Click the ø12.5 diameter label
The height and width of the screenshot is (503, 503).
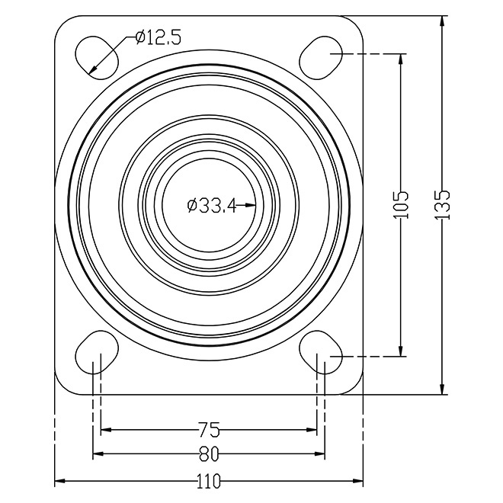pos(159,37)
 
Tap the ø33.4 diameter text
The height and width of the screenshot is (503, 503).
pos(211,205)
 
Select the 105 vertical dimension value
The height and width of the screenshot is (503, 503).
pos(400,205)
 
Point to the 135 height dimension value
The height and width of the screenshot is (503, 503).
pos(442,205)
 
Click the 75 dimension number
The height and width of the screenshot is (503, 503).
pos(209,430)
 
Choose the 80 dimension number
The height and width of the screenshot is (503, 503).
pos(209,454)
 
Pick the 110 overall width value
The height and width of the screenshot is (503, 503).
pos(209,481)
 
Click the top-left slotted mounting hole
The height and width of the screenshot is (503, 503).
pos(97,57)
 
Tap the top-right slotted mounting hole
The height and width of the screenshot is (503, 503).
pos(321,57)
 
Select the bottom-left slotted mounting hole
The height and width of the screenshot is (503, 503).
pos(97,353)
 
